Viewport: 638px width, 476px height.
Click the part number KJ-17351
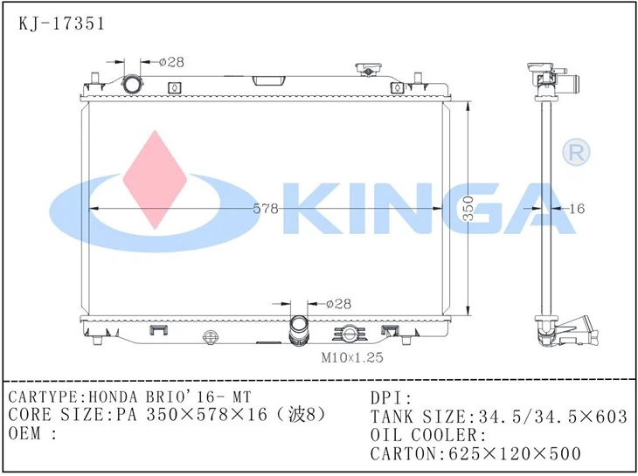61,24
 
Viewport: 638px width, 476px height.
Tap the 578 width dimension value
266,209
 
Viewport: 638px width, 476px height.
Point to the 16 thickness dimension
576,209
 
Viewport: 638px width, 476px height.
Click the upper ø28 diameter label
171,61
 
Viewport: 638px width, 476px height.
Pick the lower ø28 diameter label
338,303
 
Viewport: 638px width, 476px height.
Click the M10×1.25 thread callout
351,356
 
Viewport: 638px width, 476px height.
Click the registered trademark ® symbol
578,153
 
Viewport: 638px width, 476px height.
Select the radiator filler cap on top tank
365,71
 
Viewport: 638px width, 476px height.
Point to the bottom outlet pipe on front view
299,333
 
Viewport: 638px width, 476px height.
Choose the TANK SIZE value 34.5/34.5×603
550,417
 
